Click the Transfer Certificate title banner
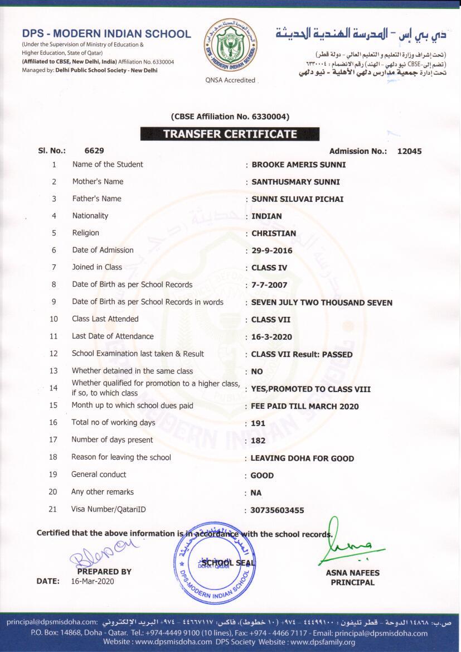pyautogui.click(x=230, y=134)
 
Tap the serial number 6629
pyautogui.click(x=94, y=151)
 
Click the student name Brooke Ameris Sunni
pyautogui.click(x=298, y=165)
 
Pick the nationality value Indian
pyautogui.click(x=266, y=216)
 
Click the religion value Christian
pyautogui.click(x=274, y=233)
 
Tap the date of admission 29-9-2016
pyautogui.click(x=271, y=250)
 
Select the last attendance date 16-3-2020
pyautogui.click(x=271, y=337)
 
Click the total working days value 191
pyautogui.click(x=258, y=423)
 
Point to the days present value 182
pyautogui.click(x=258, y=441)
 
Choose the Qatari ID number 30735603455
pyautogui.click(x=278, y=510)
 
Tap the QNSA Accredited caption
pyautogui.click(x=230, y=80)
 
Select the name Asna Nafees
pyautogui.click(x=352, y=573)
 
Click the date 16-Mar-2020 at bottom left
pyautogui.click(x=93, y=581)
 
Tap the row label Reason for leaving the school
pyautogui.click(x=121, y=457)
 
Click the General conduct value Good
pyautogui.click(x=262, y=476)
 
